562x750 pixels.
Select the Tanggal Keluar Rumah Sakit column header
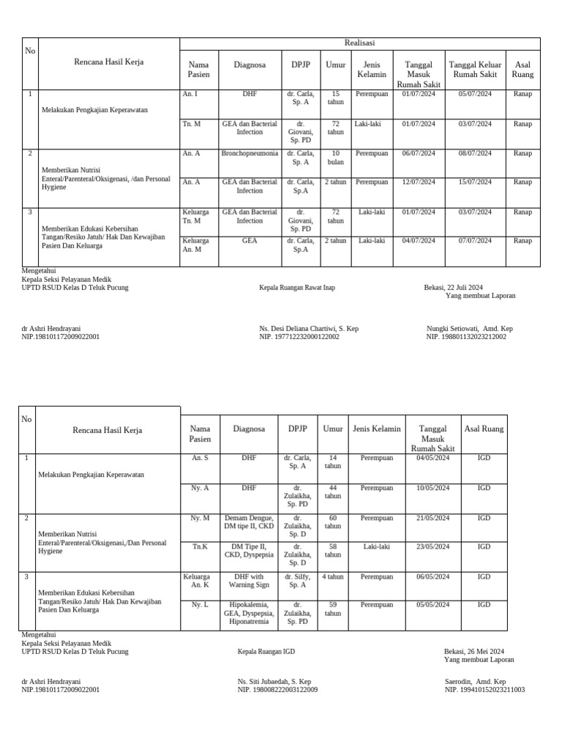[x=475, y=70]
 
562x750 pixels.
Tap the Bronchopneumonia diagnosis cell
[x=250, y=154]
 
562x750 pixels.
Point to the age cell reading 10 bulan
[x=336, y=157]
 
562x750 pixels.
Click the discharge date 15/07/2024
[x=475, y=182]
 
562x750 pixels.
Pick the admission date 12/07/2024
[x=419, y=182]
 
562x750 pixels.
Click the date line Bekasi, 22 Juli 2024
[x=453, y=288]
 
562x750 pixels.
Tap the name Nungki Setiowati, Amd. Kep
[x=469, y=329]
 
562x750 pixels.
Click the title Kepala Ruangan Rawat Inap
[x=297, y=288]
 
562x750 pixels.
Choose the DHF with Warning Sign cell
[x=250, y=581]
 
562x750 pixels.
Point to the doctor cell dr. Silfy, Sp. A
[x=298, y=581]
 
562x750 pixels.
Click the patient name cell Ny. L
[x=201, y=605]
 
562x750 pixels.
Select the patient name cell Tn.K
[x=201, y=546]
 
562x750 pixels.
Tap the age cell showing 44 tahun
[x=333, y=491]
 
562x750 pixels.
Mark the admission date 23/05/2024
[x=433, y=546]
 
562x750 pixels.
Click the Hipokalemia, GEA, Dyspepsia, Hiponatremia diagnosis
[x=250, y=613]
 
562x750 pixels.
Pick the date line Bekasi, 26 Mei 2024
[x=473, y=651]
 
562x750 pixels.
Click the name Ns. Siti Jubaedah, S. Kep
[x=274, y=681]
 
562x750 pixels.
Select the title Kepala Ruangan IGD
[x=266, y=651]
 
